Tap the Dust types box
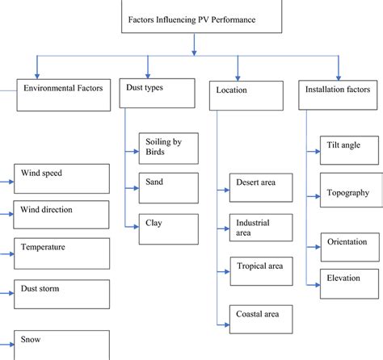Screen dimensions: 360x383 pos(159,92)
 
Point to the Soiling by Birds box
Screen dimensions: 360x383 pos(169,150)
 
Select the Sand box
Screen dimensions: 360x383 pos(169,188)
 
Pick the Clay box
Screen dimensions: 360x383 pos(169,224)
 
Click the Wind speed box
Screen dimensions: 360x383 pos(61,178)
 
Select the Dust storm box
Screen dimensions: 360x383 pos(61,294)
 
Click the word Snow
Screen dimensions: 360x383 pos(31,340)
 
